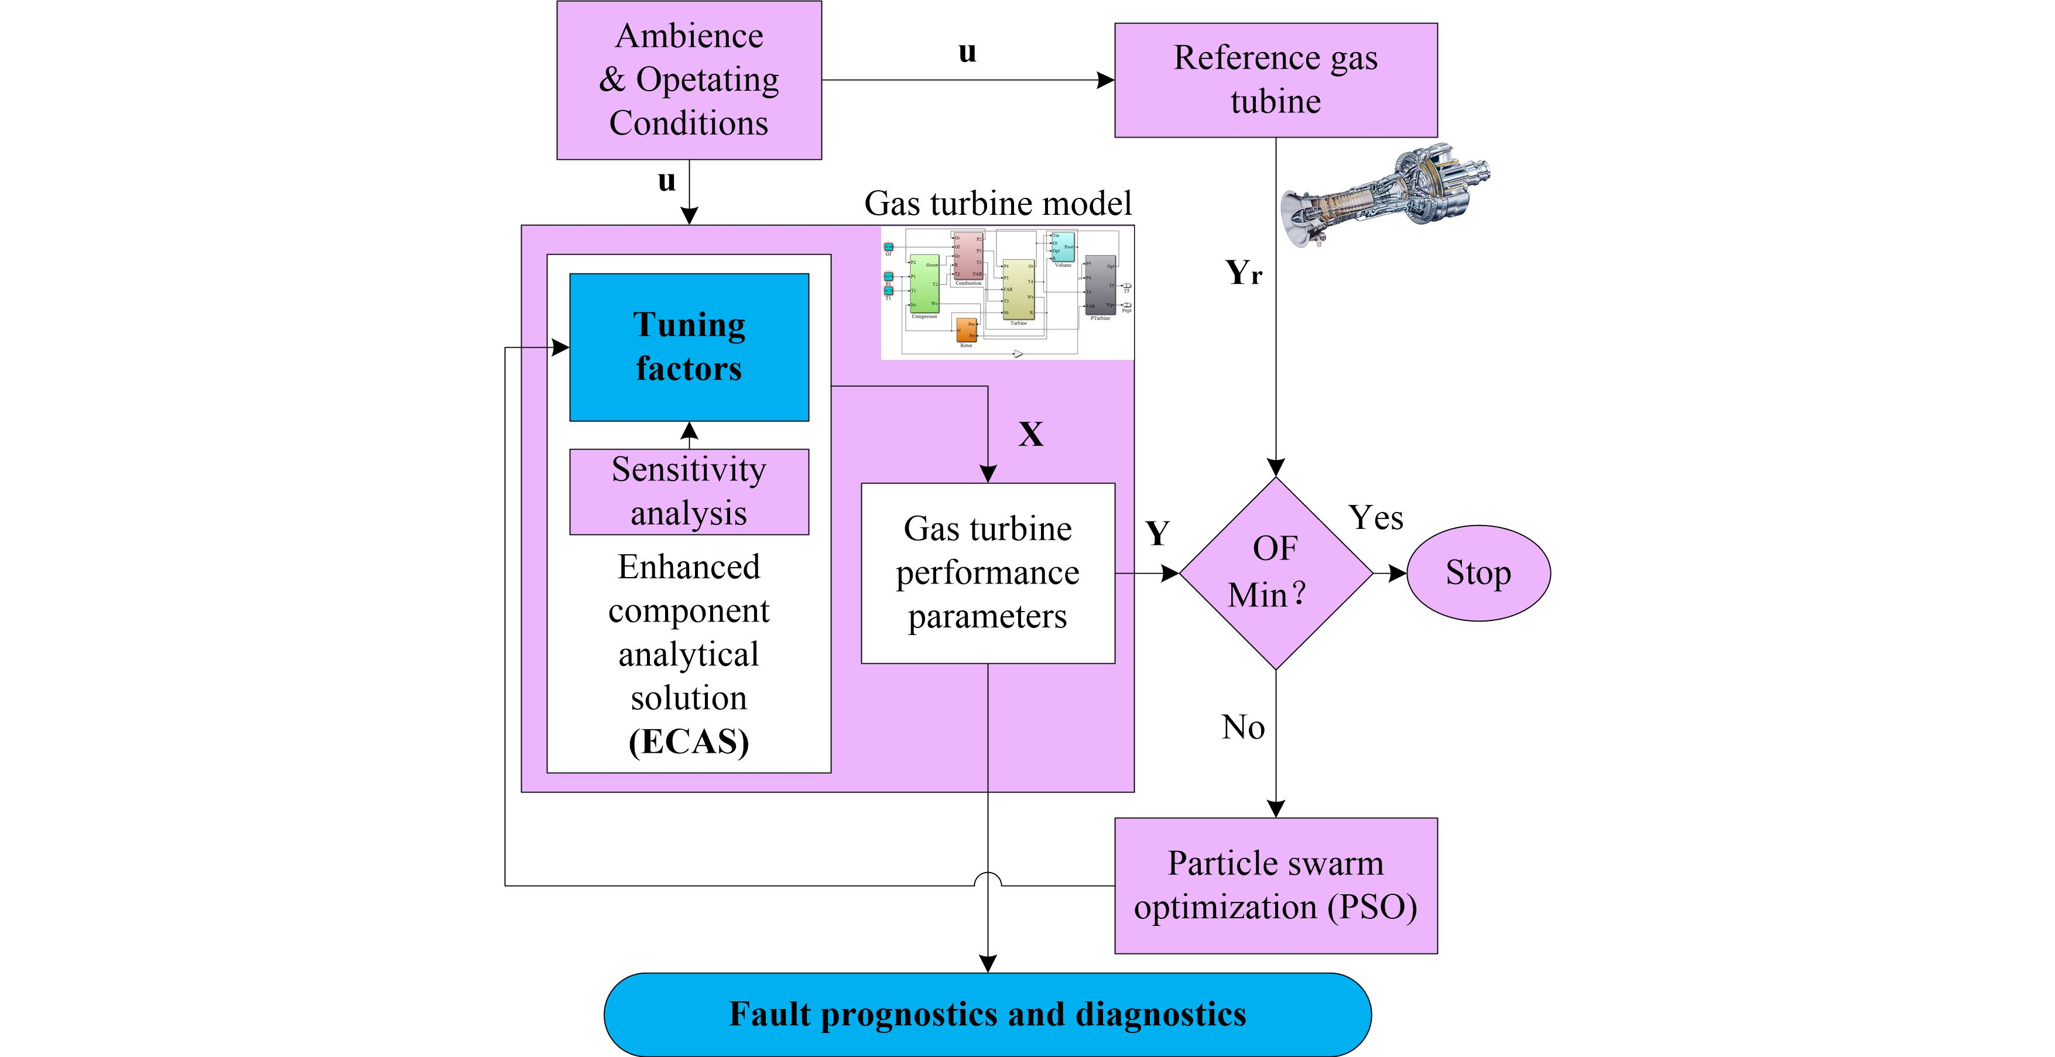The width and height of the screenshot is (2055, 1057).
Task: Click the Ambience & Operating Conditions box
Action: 689,80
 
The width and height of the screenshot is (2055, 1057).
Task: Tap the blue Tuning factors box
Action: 689,347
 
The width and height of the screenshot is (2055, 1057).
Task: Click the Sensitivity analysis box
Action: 689,492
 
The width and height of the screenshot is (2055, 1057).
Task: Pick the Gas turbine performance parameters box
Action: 987,573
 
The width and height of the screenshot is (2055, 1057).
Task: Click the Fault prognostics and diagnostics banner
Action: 987,1014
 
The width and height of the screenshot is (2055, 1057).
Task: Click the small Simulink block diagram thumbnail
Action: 1007,293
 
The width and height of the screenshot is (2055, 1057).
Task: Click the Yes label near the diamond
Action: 1375,519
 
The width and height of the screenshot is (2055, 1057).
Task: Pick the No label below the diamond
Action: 1243,727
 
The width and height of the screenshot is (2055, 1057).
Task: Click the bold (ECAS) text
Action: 689,742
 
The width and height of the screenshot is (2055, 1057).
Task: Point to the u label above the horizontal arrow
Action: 967,52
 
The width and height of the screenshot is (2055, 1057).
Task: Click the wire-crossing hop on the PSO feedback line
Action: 988,879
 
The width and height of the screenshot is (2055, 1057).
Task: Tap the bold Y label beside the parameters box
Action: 1157,533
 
